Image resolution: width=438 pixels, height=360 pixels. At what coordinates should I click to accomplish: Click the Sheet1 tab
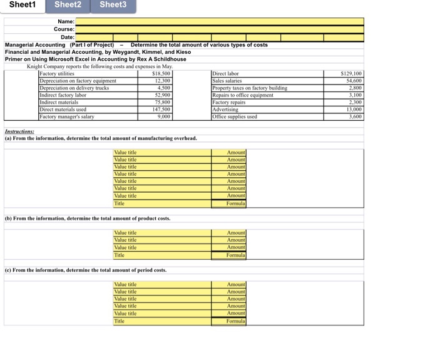pyautogui.click(x=23, y=5)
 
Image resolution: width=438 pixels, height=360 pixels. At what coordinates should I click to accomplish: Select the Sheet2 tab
pyautogui.click(x=68, y=5)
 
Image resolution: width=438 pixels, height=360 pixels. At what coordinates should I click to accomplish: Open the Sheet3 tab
pyautogui.click(x=113, y=5)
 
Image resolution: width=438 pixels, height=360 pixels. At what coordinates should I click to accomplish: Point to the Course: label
pyautogui.click(x=64, y=29)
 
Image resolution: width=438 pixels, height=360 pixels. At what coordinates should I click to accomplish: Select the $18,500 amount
pyautogui.click(x=161, y=74)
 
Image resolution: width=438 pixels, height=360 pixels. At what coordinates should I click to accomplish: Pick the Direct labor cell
pyautogui.click(x=226, y=74)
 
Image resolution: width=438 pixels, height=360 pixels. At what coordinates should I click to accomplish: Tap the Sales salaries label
pyautogui.click(x=229, y=81)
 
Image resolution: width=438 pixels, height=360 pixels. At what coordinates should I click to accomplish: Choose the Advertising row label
pyautogui.click(x=227, y=109)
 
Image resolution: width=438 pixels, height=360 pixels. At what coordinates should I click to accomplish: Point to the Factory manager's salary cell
pyautogui.click(x=67, y=116)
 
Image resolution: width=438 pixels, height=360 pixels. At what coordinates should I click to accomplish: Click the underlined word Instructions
pyautogui.click(x=19, y=131)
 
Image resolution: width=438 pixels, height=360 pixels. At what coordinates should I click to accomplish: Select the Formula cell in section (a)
pyautogui.click(x=236, y=203)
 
